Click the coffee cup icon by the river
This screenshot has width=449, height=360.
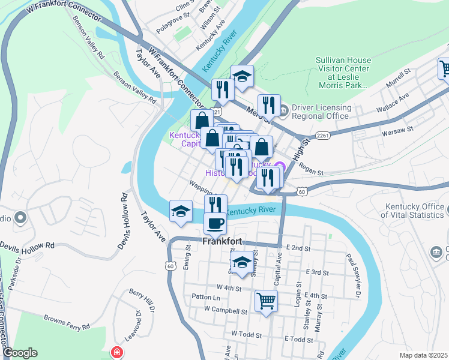pos(215,224)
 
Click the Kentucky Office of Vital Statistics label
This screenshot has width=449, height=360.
pos(415,210)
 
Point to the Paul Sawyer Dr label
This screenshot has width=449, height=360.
pos(352,275)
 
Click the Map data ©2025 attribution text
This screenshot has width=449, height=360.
pos(423,355)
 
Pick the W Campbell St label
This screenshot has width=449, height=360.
pos(225,311)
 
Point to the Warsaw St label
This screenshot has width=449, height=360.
pos(400,130)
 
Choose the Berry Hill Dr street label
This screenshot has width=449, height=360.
pos(142,300)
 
